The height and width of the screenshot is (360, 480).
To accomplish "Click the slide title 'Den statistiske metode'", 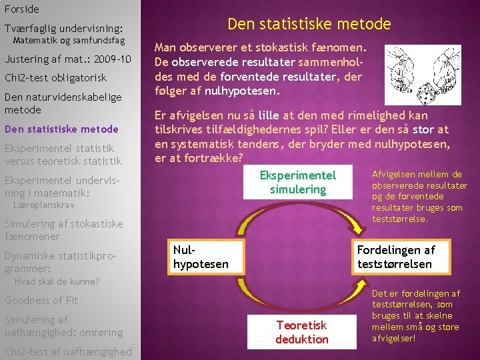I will coord(309,25).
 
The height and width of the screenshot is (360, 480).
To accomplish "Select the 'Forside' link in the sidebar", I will coord(21,9).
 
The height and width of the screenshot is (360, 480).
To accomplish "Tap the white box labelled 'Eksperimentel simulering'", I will coord(298,182).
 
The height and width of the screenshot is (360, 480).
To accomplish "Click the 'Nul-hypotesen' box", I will coord(200,257).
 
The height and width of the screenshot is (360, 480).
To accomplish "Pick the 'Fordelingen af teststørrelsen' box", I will coord(396,257).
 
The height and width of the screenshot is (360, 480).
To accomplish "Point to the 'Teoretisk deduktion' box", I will coord(302,331).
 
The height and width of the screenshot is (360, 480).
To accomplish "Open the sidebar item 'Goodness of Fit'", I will coord(41,301).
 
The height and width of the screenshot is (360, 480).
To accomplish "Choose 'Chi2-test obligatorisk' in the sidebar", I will coord(55,78).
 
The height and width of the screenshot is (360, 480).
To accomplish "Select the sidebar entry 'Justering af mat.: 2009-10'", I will coord(68,59).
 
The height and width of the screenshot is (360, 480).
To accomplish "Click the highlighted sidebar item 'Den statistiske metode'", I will coord(61,129).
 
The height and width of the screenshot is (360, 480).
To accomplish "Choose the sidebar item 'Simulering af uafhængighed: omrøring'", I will coord(63,326).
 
